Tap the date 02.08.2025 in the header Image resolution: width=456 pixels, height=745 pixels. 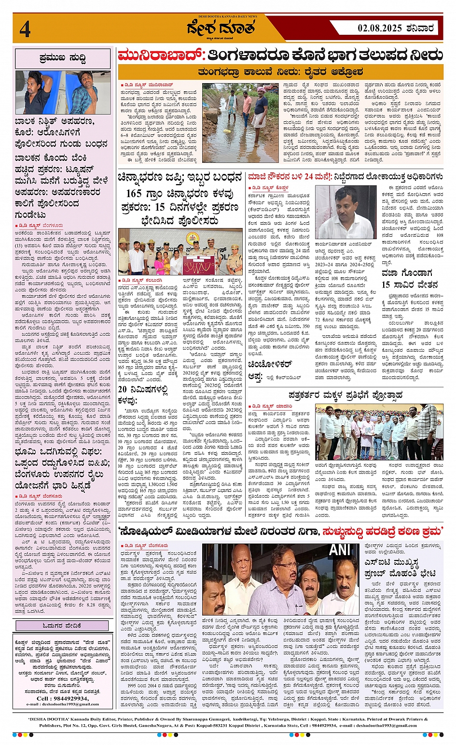tap(380, 28)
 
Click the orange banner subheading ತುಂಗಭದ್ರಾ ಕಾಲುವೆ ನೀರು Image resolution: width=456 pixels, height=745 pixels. tap(280, 72)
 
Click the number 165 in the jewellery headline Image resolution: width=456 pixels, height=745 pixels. tap(134, 194)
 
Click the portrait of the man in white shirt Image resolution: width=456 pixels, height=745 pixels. tap(345, 212)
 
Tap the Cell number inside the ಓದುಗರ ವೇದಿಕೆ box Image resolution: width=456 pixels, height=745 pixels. tap(62, 698)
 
